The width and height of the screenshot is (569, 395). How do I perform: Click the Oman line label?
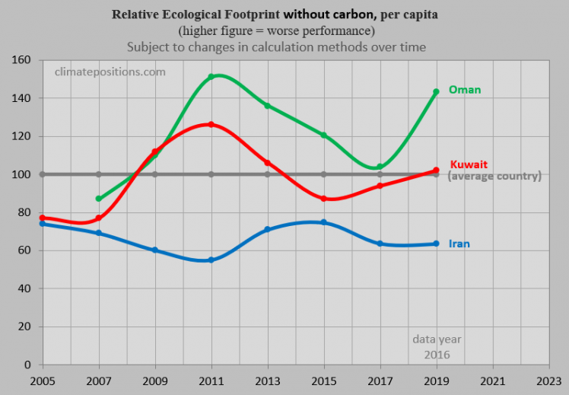465,90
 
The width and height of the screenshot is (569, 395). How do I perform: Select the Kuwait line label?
469,164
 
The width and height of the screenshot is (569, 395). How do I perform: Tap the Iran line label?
460,244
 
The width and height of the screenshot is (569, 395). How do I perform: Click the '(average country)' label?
494,176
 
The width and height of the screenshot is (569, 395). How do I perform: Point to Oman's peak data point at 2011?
211,77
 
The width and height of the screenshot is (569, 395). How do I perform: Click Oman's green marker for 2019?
436,92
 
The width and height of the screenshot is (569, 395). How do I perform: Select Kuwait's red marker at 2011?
211,124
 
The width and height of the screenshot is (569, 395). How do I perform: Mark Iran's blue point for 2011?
211,260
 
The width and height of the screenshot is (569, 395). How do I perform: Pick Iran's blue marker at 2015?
323,222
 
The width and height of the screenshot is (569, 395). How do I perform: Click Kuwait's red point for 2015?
323,199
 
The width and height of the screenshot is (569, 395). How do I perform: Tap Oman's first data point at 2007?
98,199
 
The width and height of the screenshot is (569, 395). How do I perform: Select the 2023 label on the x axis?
548,380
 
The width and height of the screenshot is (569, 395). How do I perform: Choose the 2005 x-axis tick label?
42,380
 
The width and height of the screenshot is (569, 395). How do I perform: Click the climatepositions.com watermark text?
110,72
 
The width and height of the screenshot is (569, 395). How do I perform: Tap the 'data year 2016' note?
437,347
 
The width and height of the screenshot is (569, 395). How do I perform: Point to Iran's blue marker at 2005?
42,224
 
